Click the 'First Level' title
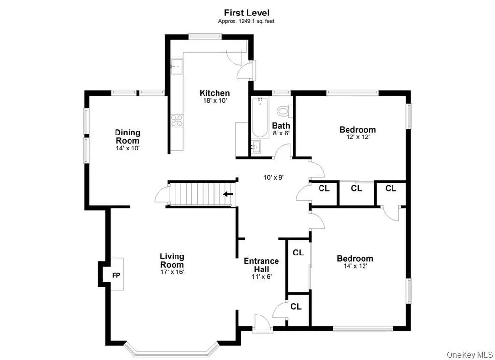point(247,13)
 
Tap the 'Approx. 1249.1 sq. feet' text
point(247,21)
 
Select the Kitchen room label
point(215,93)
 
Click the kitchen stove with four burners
point(177,120)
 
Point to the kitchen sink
point(176,64)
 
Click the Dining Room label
point(128,136)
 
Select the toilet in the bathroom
point(288,111)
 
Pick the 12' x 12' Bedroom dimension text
point(357,137)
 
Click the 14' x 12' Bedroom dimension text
point(355,267)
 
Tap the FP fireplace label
point(116,275)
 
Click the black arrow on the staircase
point(228,195)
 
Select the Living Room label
point(172,260)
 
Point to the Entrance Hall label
point(261,265)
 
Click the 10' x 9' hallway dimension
point(273,177)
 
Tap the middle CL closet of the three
point(356,188)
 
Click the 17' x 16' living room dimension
point(172,272)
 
